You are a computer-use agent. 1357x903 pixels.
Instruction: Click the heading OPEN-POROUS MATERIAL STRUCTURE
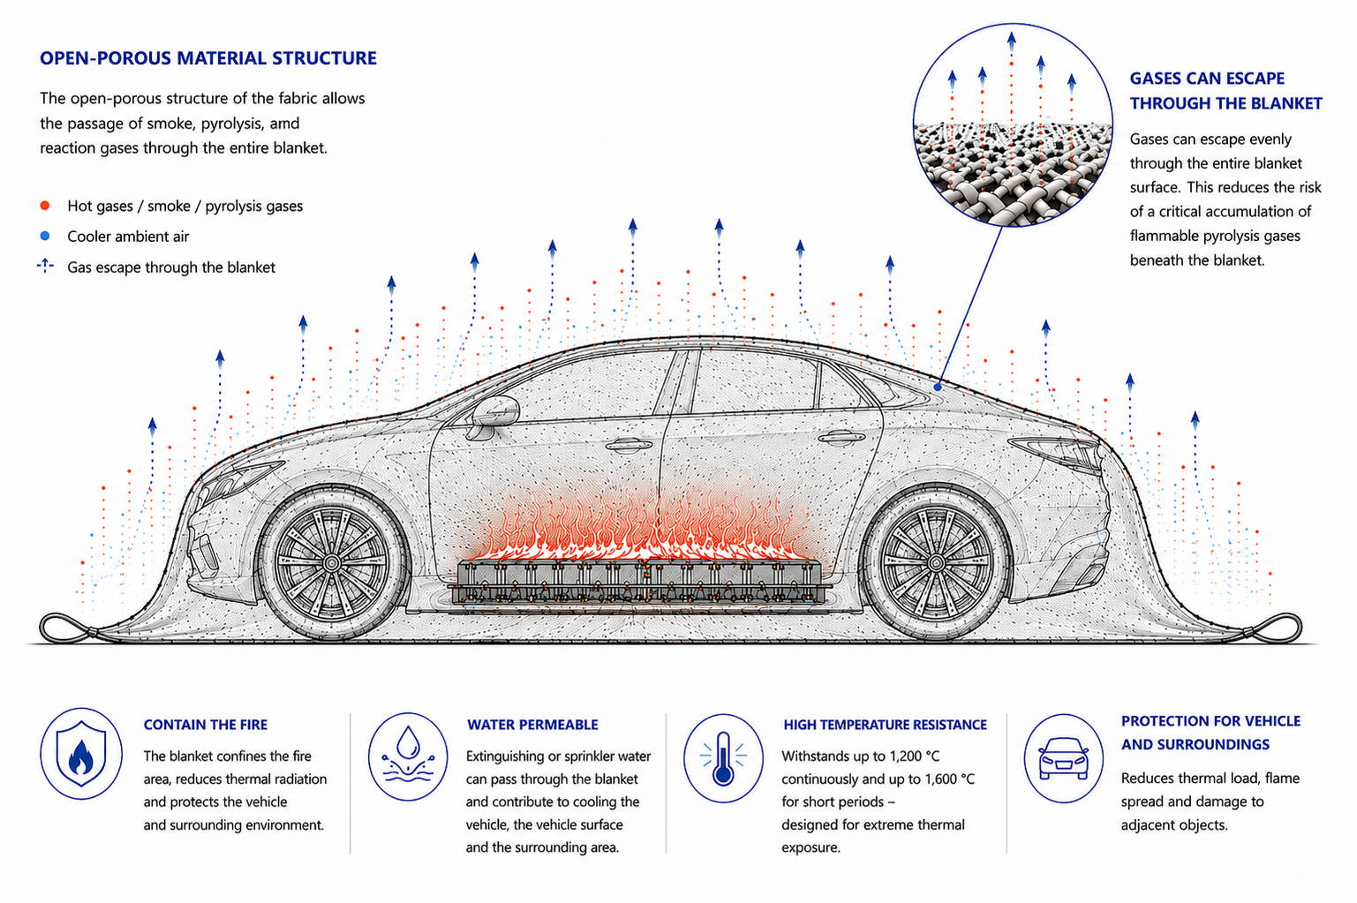click(x=207, y=59)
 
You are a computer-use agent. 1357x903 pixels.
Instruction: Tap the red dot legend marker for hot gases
click(x=45, y=206)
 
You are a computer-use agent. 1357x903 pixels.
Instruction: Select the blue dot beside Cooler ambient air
click(x=45, y=237)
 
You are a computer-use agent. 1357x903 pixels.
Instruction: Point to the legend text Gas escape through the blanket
click(x=170, y=267)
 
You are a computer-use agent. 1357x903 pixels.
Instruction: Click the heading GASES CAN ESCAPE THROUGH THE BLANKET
click(x=1225, y=91)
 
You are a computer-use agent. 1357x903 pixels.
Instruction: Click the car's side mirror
click(x=493, y=416)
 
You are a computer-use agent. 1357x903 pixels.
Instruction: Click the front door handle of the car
click(x=629, y=446)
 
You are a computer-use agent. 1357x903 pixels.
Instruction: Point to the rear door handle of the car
click(x=841, y=437)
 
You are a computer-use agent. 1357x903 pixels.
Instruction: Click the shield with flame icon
click(x=80, y=754)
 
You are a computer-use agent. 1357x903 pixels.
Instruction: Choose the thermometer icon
click(x=723, y=758)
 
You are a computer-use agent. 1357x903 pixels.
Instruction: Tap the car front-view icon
click(x=1063, y=758)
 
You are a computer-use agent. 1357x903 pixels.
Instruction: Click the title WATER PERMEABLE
click(x=532, y=725)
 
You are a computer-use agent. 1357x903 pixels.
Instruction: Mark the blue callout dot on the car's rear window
click(x=937, y=387)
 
